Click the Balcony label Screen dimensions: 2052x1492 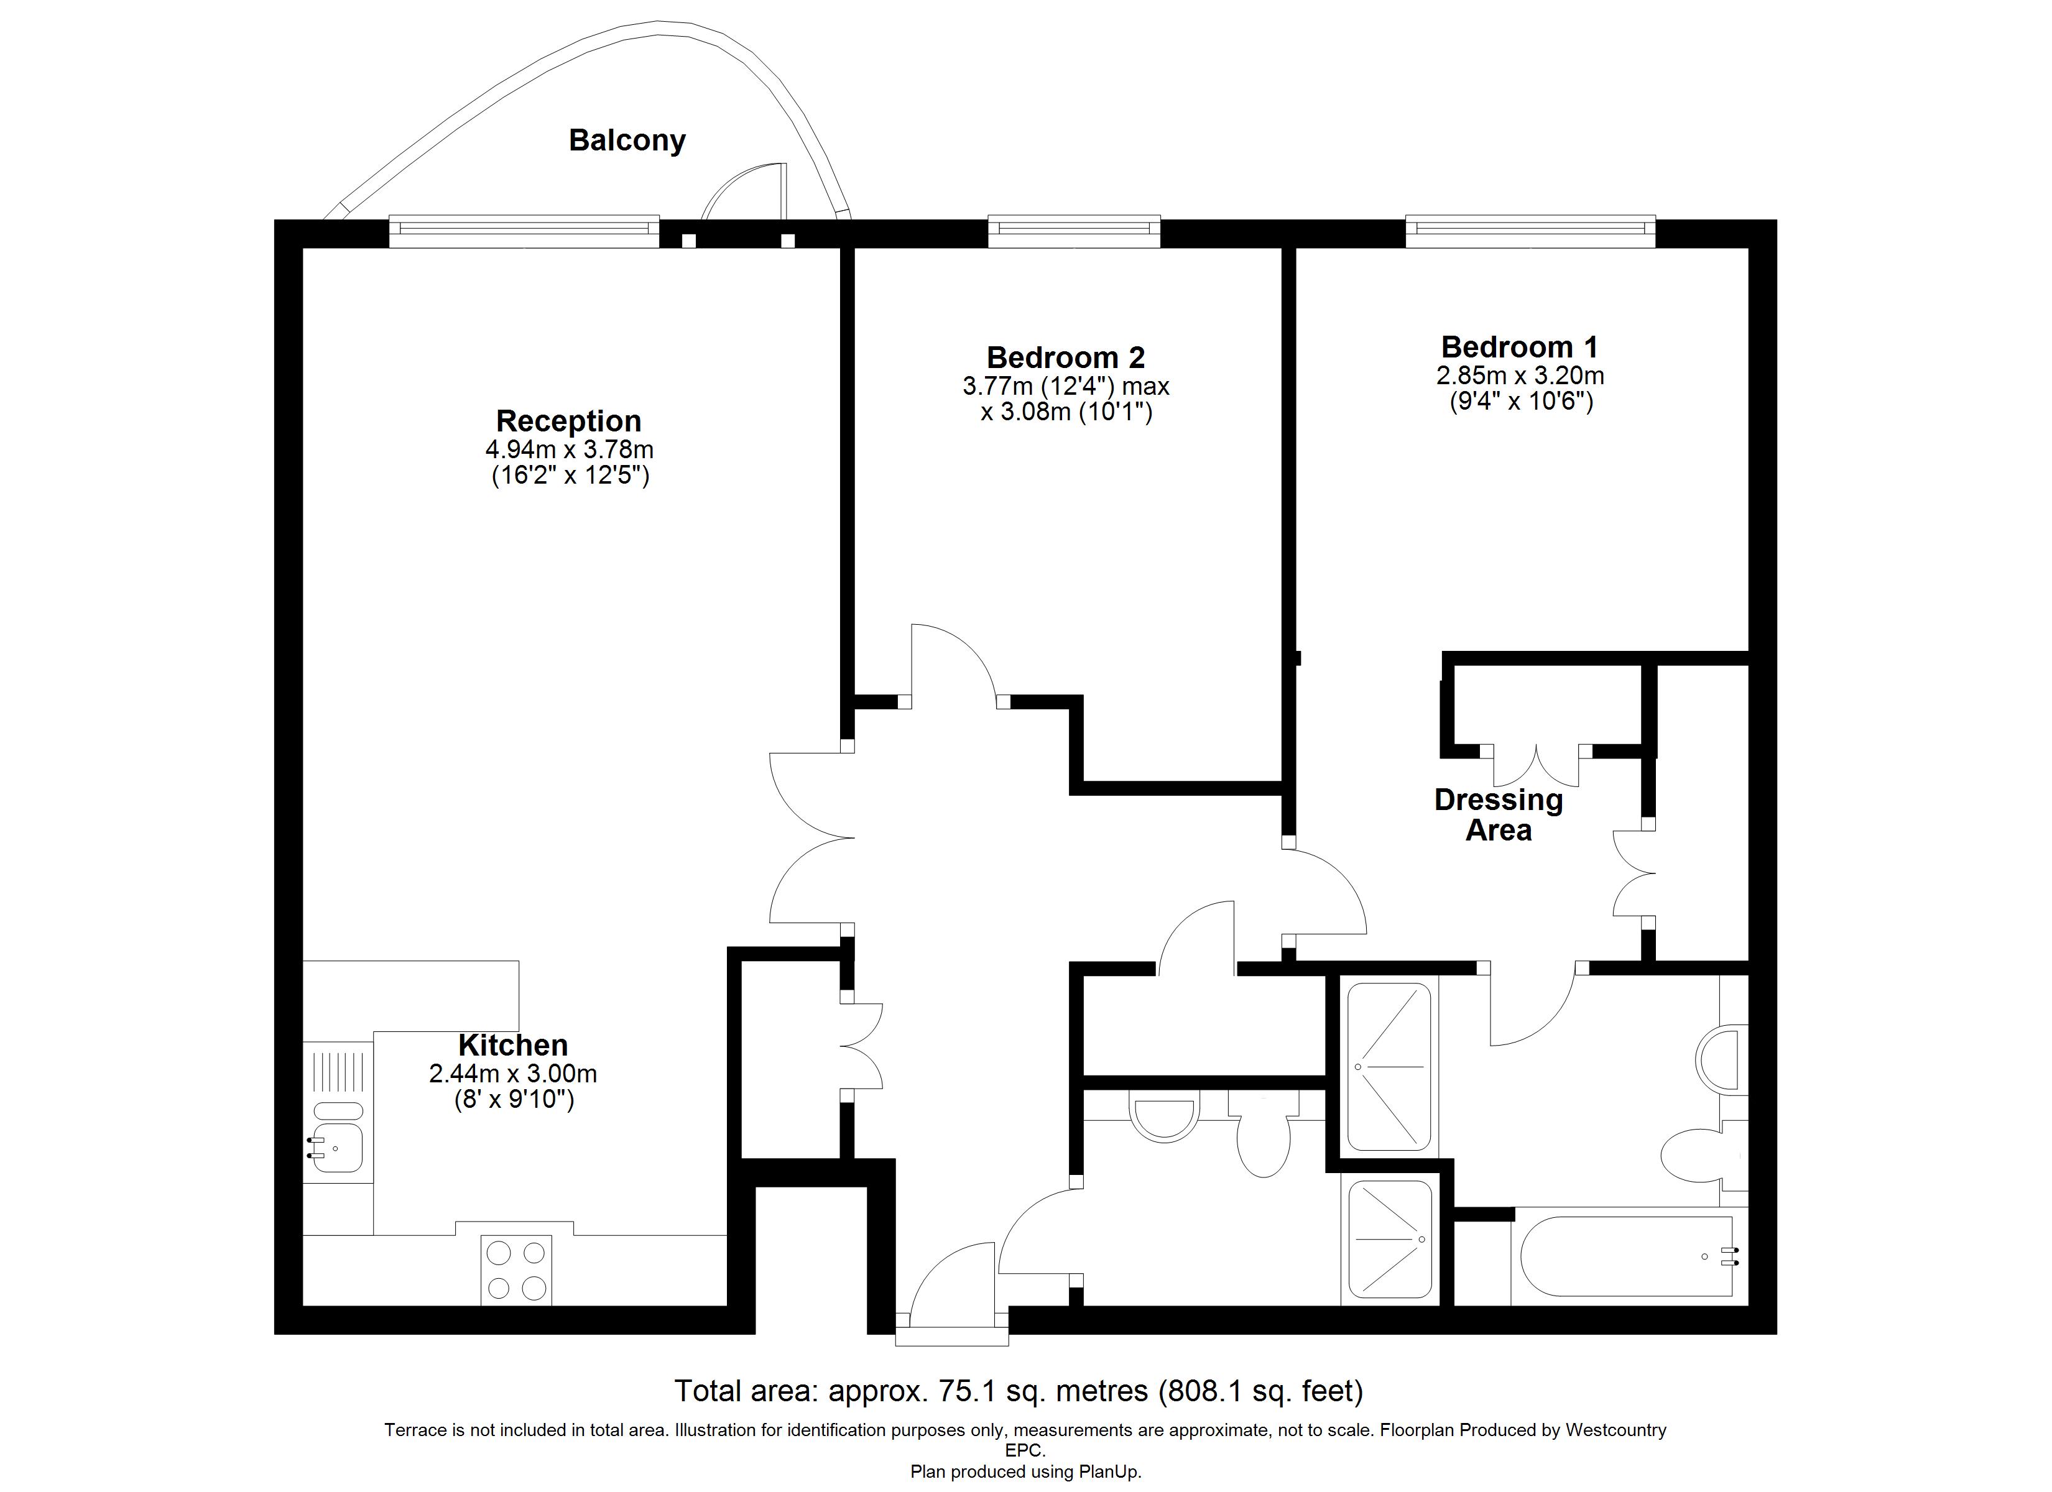(627, 141)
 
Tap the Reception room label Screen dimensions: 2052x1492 (569, 421)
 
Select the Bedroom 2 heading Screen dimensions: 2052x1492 (1066, 357)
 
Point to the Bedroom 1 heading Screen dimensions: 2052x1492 (1520, 346)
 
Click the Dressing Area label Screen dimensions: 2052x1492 (1499, 814)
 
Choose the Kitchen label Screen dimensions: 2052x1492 (513, 1045)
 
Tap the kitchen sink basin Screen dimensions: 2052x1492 (338, 1147)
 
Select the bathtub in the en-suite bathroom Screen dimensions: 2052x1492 (1626, 1256)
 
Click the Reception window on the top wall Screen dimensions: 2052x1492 (524, 232)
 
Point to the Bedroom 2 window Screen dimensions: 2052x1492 (1074, 232)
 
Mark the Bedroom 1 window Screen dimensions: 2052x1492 (1531, 232)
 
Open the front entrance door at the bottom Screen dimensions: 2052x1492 (950, 1285)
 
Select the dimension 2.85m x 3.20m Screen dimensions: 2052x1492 (1520, 375)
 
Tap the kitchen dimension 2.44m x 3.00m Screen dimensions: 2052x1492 (513, 1074)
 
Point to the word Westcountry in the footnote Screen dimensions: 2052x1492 (1616, 1430)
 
